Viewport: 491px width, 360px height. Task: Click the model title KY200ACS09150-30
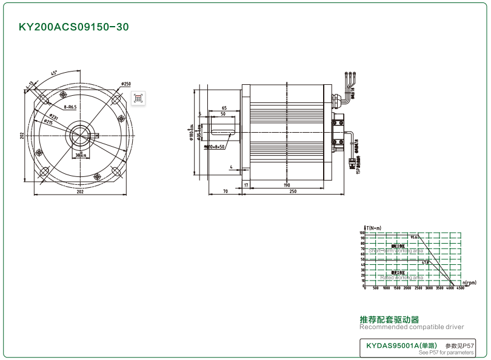[74, 27]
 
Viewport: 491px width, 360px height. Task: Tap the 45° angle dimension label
[54, 73]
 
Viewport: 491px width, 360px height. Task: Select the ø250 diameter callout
[126, 84]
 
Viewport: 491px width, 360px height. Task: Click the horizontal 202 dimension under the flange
[79, 192]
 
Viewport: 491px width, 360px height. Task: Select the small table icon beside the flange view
[138, 98]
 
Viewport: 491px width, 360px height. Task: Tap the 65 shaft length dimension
[224, 108]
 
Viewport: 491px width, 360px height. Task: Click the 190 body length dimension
[287, 185]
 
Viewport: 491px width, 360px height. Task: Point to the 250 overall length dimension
[293, 192]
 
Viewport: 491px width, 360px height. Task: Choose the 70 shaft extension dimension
[225, 192]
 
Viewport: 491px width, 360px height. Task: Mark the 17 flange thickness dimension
[246, 185]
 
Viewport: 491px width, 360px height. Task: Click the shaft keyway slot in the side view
[224, 129]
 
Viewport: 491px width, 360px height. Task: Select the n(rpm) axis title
[469, 282]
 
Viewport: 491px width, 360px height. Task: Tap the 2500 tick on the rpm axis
[418, 288]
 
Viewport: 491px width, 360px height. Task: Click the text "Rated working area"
[401, 278]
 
